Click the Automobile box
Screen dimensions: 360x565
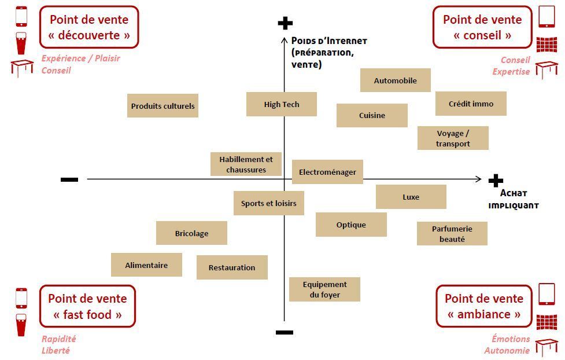tap(395, 80)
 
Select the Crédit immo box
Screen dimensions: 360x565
tap(471, 104)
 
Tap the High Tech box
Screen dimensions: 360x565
tap(282, 104)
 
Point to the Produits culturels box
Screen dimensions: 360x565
tap(163, 106)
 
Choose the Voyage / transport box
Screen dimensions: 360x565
tap(453, 138)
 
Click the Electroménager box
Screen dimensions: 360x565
tap(327, 172)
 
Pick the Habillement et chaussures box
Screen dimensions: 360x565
tap(246, 164)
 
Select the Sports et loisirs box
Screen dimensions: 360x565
tap(269, 203)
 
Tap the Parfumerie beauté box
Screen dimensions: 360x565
tap(452, 233)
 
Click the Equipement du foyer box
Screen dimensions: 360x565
tap(324, 289)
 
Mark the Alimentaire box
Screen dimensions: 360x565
tap(146, 265)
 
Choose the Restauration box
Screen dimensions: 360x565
tap(232, 267)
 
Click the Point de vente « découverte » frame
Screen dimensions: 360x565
tap(89, 27)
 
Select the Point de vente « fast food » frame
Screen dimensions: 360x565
tap(87, 306)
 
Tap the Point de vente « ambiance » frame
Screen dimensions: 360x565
tap(484, 306)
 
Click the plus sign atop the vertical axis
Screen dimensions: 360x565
tap(285, 23)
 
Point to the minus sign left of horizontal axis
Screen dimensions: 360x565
tap(69, 180)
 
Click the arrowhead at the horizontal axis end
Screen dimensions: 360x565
tap(478, 179)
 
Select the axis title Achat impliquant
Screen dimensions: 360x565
tap(513, 199)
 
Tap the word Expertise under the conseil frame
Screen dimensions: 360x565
tap(511, 72)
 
